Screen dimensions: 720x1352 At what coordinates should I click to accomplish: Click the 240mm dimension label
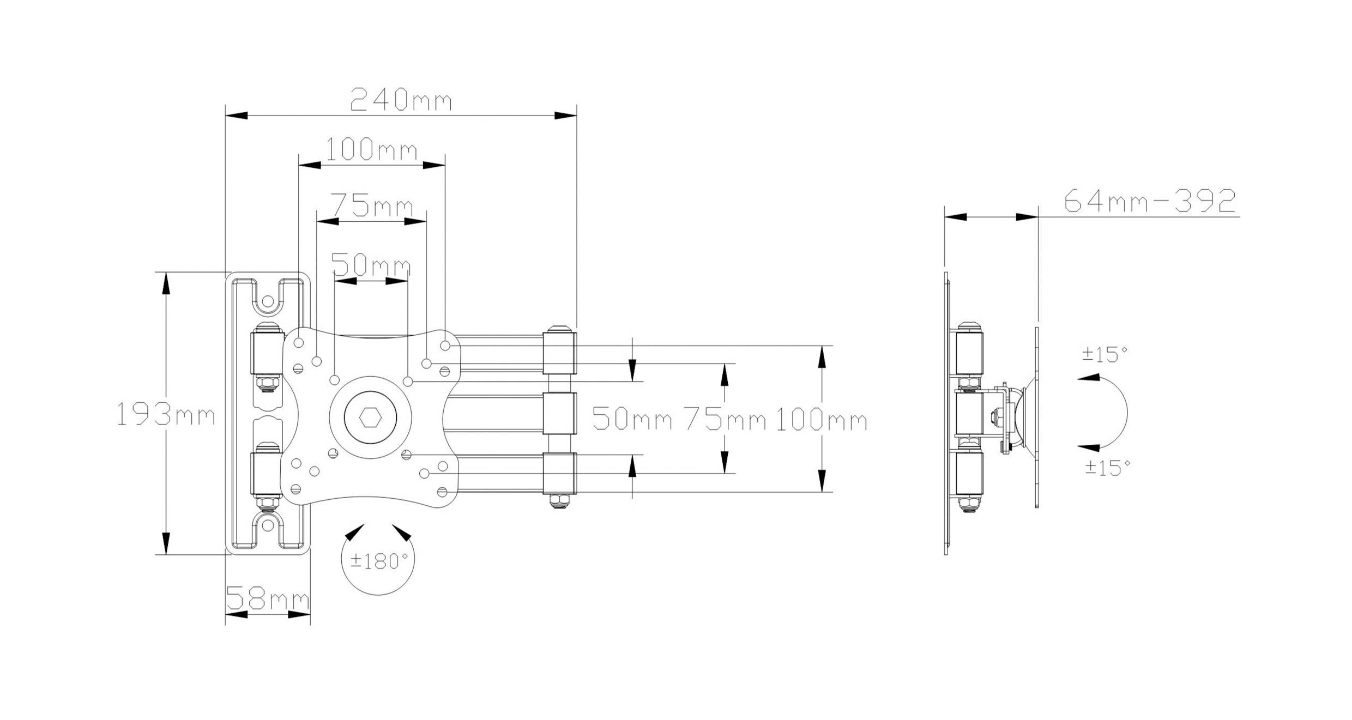(401, 100)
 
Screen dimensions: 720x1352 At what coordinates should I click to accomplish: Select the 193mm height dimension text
(166, 416)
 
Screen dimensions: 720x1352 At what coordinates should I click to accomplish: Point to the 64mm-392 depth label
(1149, 201)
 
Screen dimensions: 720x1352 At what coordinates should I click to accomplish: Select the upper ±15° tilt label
(1104, 354)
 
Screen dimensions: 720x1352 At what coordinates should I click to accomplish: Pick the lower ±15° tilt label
(1107, 467)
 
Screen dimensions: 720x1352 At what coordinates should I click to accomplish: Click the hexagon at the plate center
(370, 417)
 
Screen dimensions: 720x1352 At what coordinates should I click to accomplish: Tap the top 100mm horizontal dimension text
(372, 149)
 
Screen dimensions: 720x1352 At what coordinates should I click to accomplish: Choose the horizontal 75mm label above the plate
(372, 206)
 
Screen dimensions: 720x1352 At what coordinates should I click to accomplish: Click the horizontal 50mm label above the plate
(371, 266)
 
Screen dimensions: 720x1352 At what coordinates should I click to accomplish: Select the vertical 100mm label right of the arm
(821, 420)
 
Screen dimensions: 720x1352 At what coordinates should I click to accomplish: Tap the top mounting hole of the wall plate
(268, 301)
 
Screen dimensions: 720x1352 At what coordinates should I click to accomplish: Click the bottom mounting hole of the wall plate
(268, 525)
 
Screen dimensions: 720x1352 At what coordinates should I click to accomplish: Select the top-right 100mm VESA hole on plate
(445, 346)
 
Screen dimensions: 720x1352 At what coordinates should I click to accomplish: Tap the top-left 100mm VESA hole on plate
(299, 343)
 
